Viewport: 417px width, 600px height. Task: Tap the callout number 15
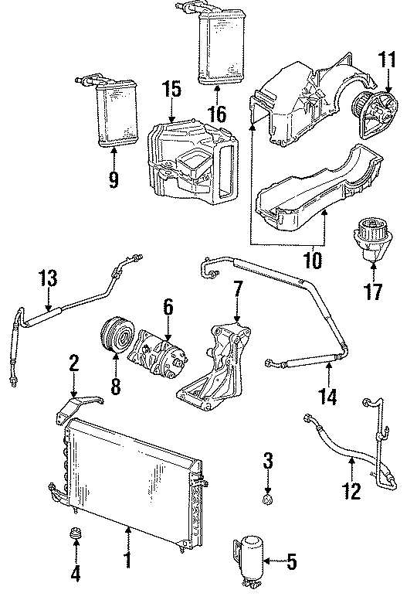pyautogui.click(x=171, y=90)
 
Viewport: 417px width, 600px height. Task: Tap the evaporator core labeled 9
pyautogui.click(x=109, y=114)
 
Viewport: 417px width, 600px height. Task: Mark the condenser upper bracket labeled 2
pyautogui.click(x=81, y=405)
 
